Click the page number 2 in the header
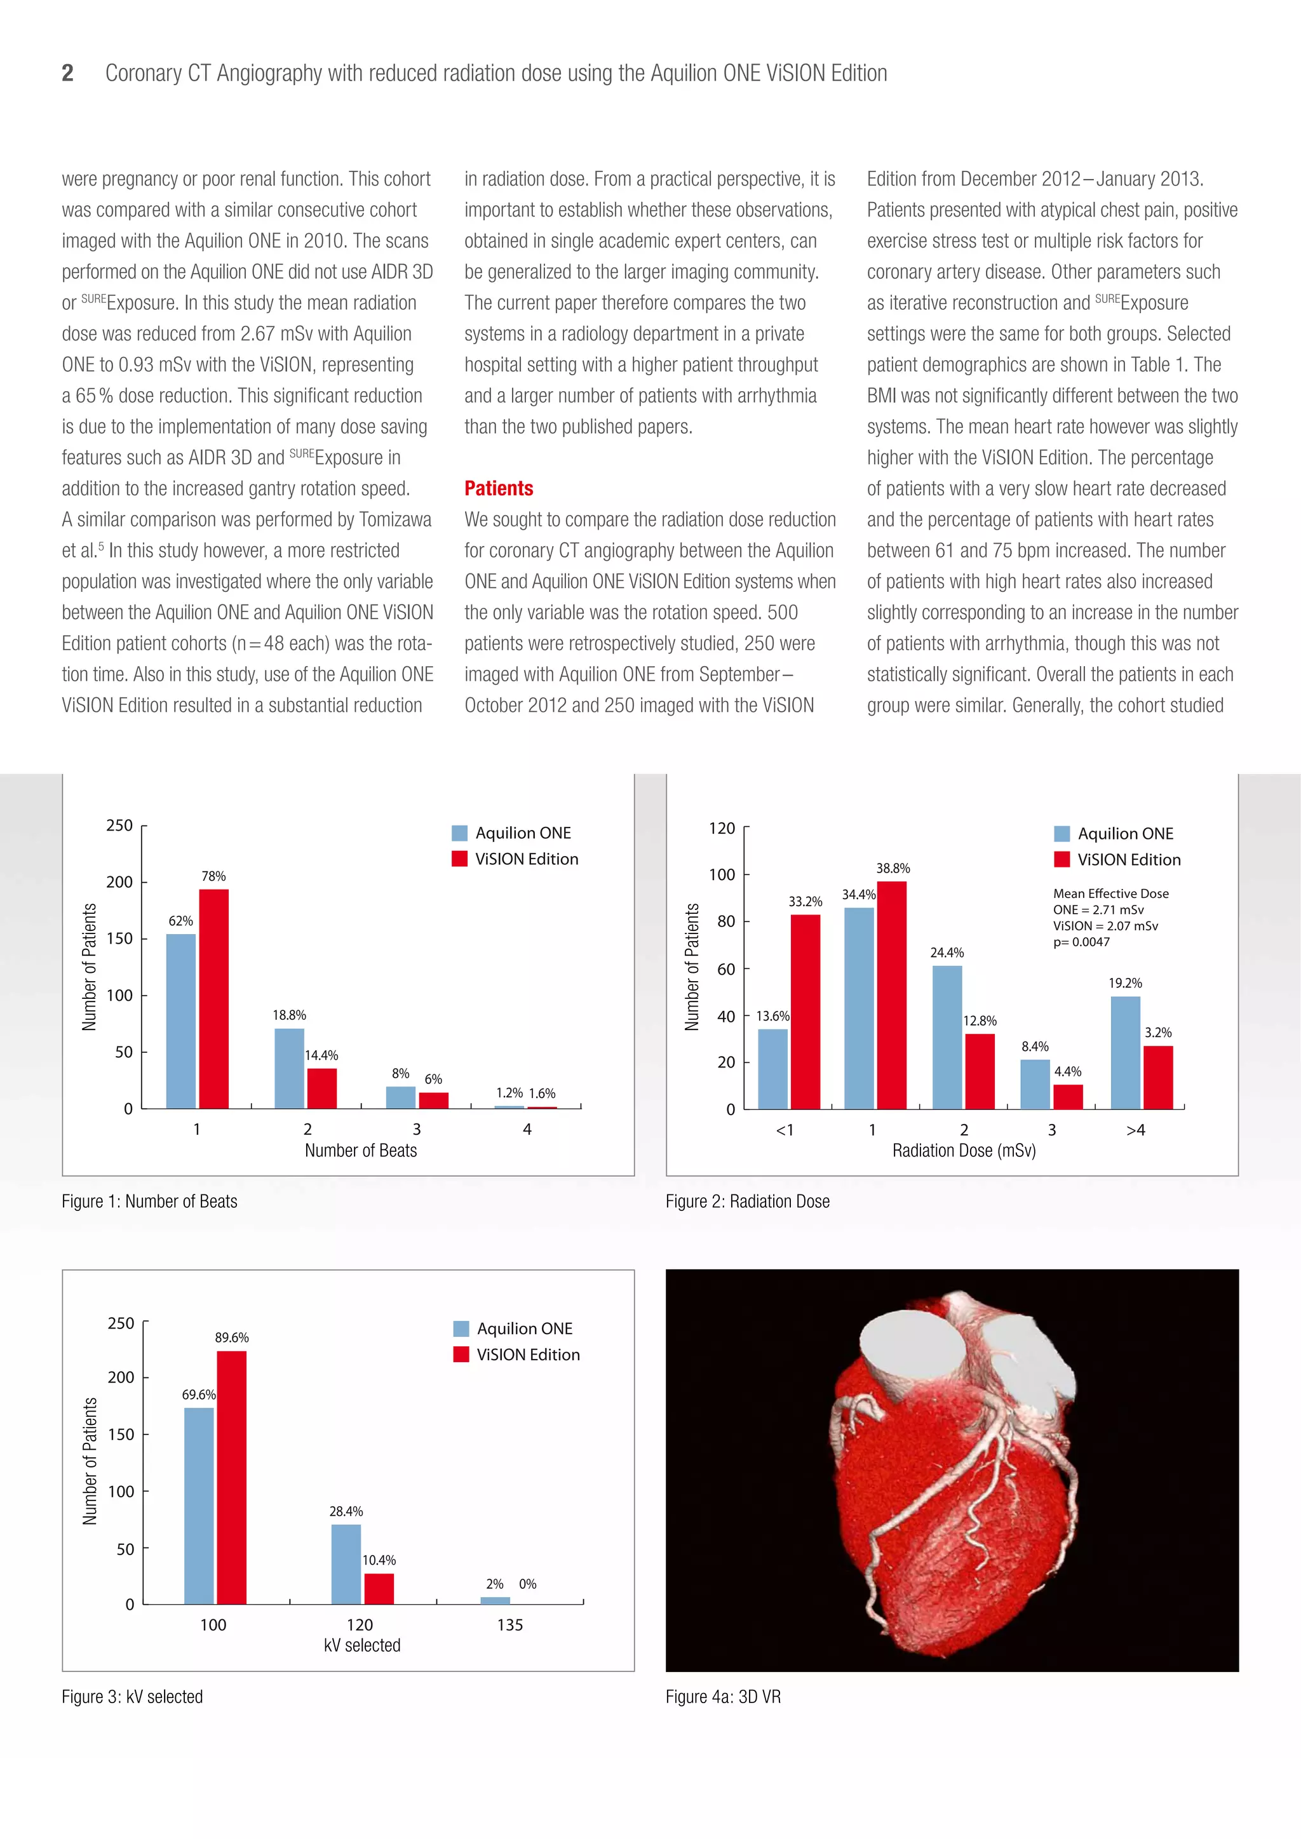click(68, 74)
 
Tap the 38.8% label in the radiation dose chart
click(893, 868)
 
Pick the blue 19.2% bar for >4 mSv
click(1125, 1052)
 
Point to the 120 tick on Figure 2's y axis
click(722, 828)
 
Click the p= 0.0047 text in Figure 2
click(1081, 942)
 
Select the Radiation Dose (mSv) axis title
click(964, 1151)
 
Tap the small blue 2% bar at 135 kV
click(495, 1600)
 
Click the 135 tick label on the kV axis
click(509, 1624)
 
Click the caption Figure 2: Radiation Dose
click(748, 1201)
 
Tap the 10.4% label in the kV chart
click(379, 1560)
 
